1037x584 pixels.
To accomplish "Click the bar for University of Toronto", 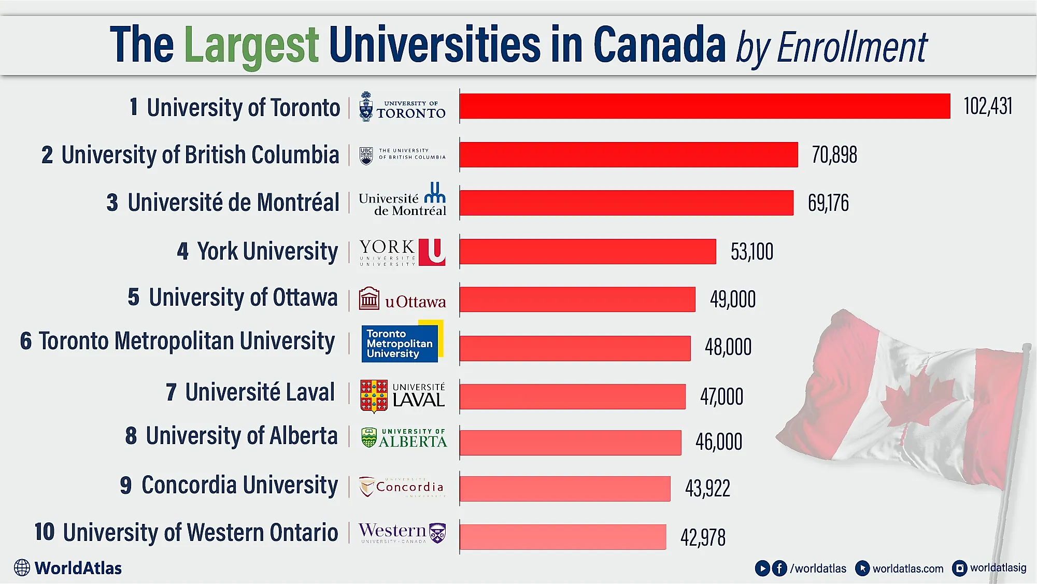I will coord(705,106).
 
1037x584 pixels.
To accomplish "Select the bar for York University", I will coord(588,251).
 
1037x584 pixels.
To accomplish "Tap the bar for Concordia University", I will coord(565,489).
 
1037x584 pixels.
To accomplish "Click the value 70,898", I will coord(834,155).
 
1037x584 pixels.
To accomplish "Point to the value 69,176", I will coord(828,203).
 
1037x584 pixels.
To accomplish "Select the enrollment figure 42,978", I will coord(703,537).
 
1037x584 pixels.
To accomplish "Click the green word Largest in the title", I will coord(251,46).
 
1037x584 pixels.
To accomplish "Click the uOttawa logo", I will coord(403,299).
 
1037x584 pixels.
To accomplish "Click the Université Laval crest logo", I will coord(374,396).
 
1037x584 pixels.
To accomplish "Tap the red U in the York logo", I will coord(432,252).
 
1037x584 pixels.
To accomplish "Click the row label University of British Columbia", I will coord(200,155).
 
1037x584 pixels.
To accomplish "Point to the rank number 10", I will coord(45,532).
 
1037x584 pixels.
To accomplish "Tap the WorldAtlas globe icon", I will coord(22,568).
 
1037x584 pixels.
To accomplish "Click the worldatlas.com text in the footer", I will coord(907,568).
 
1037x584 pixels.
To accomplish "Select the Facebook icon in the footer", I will coord(779,568).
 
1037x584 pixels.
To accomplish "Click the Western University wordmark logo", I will coord(392,532).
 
